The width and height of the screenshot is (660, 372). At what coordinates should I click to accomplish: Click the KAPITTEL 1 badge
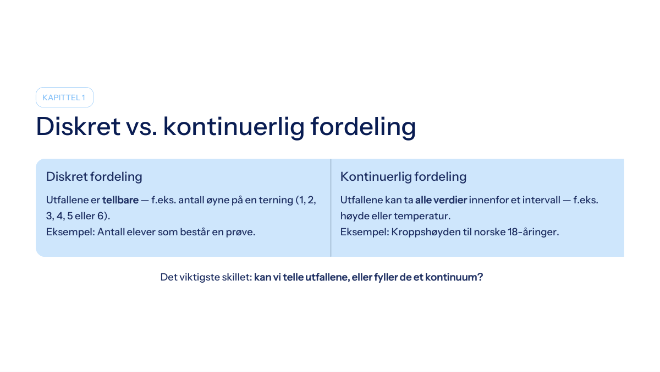click(x=64, y=97)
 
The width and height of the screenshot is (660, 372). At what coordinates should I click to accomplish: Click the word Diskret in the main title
click(x=78, y=126)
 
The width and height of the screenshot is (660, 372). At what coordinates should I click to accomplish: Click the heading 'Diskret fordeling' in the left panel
click(x=94, y=176)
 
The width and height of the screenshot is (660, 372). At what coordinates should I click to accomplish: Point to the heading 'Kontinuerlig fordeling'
click(x=403, y=176)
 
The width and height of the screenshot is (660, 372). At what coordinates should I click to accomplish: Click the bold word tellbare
click(x=120, y=200)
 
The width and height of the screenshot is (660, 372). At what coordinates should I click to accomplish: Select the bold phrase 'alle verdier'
click(x=441, y=200)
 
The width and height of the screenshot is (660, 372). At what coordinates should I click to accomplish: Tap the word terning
click(x=276, y=200)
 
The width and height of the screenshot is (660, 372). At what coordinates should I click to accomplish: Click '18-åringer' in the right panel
click(x=533, y=232)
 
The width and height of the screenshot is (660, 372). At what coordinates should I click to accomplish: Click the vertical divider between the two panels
click(x=331, y=208)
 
